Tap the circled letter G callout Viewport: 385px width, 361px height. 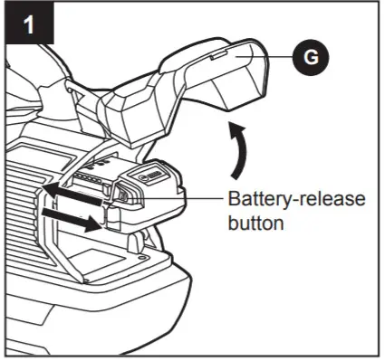click(311, 57)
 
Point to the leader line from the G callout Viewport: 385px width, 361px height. click(272, 57)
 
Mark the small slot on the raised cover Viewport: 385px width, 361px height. click(218, 55)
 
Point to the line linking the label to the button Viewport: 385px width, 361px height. click(180, 197)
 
